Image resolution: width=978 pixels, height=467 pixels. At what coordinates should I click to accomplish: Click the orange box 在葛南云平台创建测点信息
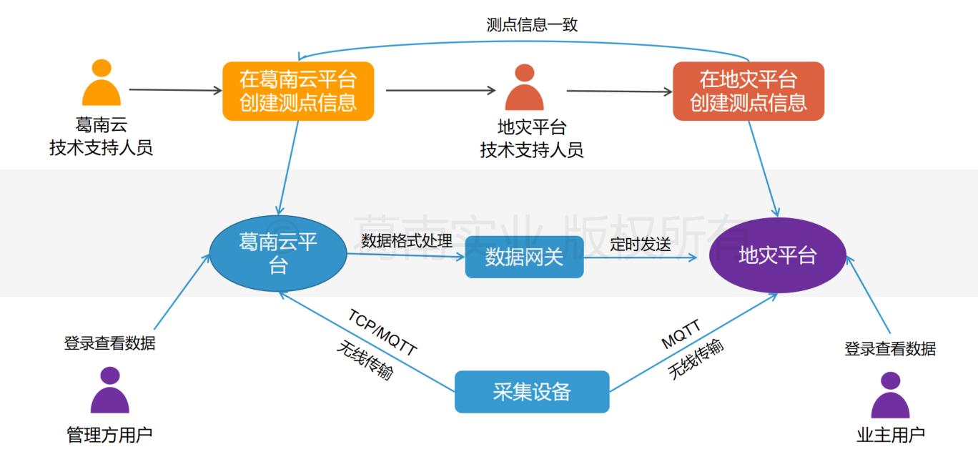pos(298,90)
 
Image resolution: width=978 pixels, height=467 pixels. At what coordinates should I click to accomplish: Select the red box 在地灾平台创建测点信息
pos(748,90)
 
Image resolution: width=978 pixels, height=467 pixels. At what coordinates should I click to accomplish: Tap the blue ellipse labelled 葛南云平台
pos(278,254)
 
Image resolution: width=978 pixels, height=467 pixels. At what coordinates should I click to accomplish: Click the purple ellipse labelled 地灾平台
pos(777,255)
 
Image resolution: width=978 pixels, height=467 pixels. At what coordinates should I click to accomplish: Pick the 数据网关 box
pos(524,257)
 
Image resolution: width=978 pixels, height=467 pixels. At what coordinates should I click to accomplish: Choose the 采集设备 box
pos(532,391)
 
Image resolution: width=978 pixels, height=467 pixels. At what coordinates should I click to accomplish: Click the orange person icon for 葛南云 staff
pos(102,82)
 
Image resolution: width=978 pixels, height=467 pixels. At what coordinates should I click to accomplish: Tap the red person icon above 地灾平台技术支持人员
pos(524,87)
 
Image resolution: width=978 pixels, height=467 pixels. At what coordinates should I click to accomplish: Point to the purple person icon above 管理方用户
pos(110,390)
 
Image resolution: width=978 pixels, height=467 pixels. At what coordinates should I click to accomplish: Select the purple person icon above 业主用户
pos(890,395)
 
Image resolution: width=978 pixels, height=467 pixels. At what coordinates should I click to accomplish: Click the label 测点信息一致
pos(531,25)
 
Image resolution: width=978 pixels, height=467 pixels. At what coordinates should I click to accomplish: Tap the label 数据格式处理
pos(407,240)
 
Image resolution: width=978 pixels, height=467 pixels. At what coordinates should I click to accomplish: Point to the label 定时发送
pos(641,244)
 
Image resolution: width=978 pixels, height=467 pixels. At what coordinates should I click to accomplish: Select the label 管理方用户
pos(109,434)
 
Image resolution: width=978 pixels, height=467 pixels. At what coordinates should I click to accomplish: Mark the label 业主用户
pos(890,434)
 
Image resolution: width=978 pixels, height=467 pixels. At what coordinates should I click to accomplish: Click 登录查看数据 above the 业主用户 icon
pos(890,349)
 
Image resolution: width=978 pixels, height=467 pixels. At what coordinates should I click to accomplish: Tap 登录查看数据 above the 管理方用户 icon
pos(109,343)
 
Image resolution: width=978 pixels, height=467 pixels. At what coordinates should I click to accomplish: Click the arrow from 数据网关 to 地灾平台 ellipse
pos(643,257)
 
